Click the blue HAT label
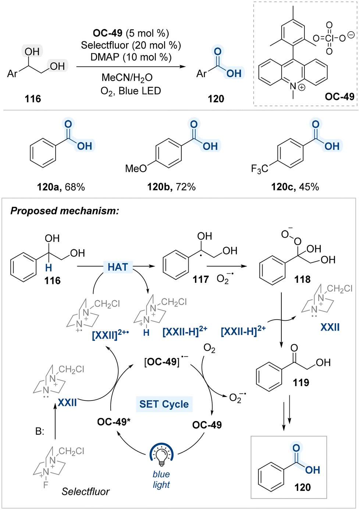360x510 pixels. [118, 267]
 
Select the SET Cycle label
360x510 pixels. [164, 404]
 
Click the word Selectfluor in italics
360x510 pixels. [86, 492]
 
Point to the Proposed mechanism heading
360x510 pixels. [65, 211]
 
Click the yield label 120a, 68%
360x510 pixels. [61, 187]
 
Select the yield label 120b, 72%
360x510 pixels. [171, 187]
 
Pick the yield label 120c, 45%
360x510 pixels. [295, 187]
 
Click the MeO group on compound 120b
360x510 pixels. [136, 169]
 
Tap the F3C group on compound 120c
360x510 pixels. [260, 169]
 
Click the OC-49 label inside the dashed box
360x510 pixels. [339, 97]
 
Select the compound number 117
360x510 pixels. [200, 279]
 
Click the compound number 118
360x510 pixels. [302, 279]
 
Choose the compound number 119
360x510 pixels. [301, 382]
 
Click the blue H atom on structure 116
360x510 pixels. [48, 268]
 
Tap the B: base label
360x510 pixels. [40, 431]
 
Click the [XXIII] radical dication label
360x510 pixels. [111, 335]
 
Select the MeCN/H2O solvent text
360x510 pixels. [127, 78]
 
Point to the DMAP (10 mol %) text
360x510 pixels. [131, 57]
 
